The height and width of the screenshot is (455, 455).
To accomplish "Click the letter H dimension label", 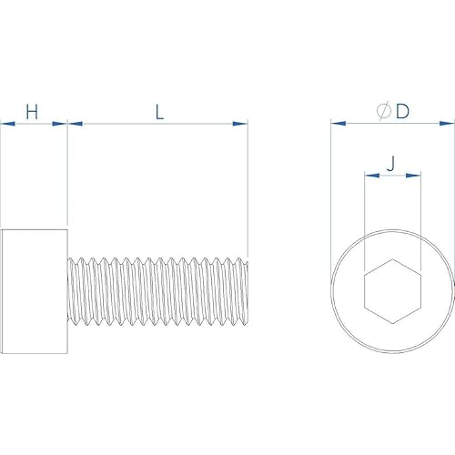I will [x=32, y=112].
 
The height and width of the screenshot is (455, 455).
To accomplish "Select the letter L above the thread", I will [x=158, y=112].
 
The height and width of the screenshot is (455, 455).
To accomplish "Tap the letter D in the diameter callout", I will [x=402, y=111].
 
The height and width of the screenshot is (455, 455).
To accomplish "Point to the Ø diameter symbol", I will [x=383, y=111].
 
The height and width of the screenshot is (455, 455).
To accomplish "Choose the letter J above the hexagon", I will [x=391, y=164].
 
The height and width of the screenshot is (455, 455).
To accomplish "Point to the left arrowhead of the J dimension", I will [x=369, y=175].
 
